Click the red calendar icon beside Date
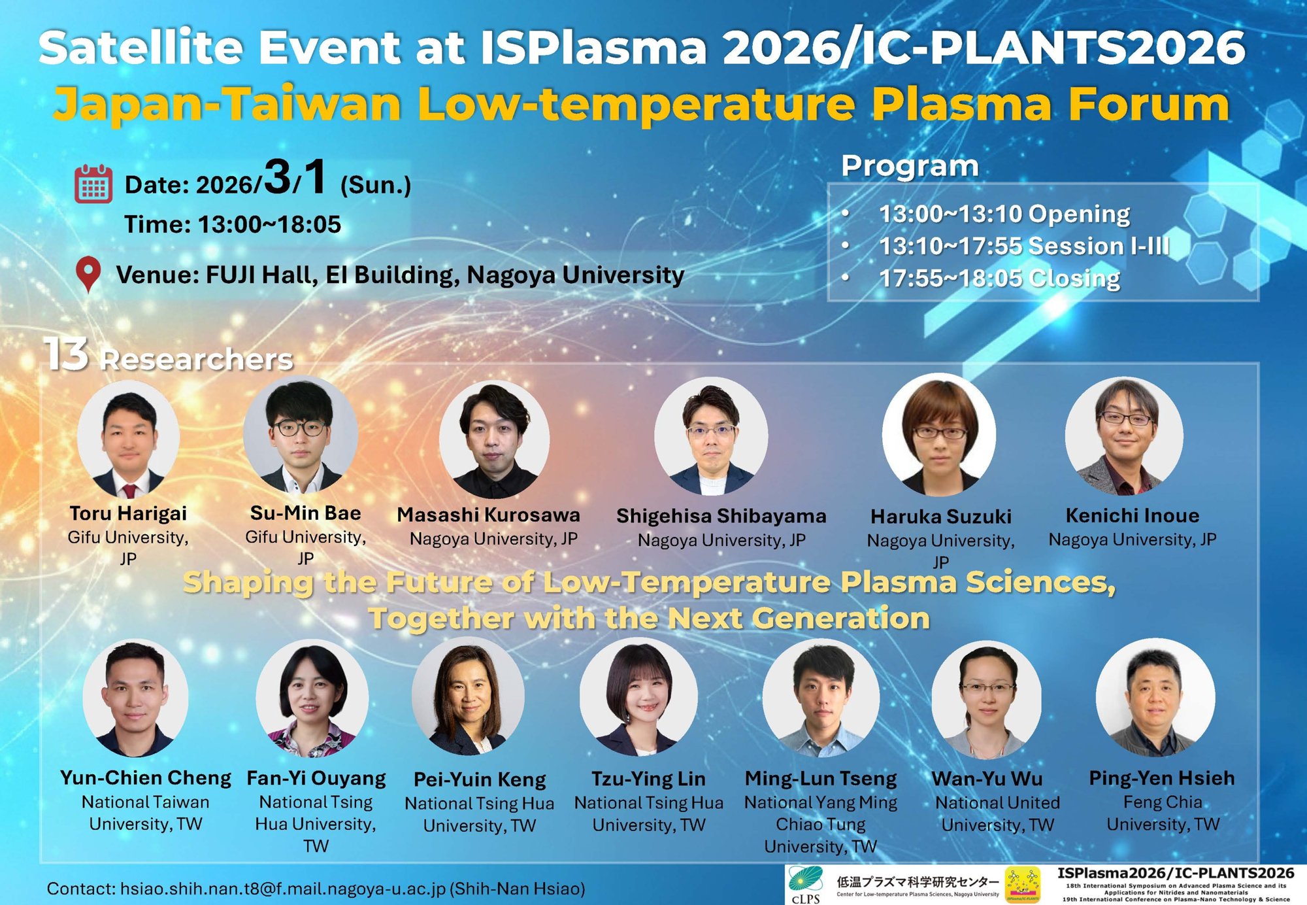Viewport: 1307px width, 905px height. click(x=93, y=184)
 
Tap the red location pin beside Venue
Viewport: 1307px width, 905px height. click(x=88, y=273)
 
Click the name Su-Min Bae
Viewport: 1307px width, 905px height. click(x=305, y=513)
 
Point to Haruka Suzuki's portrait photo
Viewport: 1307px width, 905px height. click(x=939, y=434)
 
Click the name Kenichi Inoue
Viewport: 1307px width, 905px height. click(x=1132, y=515)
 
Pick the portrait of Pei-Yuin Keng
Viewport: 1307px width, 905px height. click(x=468, y=697)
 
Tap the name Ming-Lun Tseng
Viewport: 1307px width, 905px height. click(x=821, y=778)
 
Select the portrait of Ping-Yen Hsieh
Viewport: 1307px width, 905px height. click(x=1155, y=697)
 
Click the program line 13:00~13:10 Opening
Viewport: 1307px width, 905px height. click(x=1004, y=214)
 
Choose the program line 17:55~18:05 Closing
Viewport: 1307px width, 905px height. click(x=999, y=279)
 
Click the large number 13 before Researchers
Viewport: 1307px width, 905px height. click(x=65, y=354)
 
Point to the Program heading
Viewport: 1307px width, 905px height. click(x=910, y=166)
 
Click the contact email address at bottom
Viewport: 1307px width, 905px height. click(x=282, y=889)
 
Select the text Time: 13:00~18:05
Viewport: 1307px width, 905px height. click(x=233, y=224)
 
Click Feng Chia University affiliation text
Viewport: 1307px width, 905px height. click(x=1163, y=813)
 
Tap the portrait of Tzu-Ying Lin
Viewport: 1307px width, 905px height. click(x=638, y=697)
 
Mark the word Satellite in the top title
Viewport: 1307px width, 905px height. click(x=141, y=48)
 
